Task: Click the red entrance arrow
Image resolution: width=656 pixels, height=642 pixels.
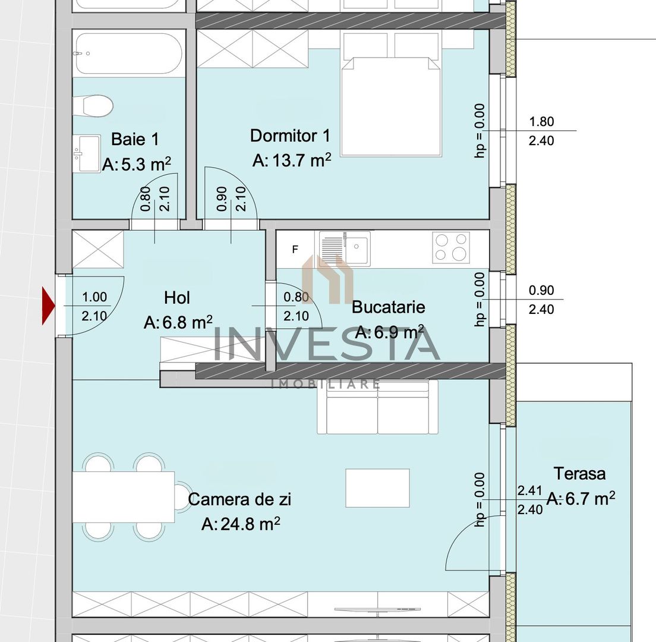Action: [x=48, y=306]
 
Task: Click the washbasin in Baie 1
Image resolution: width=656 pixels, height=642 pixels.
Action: [x=87, y=153]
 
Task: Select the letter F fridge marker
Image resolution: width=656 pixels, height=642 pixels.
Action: [x=295, y=250]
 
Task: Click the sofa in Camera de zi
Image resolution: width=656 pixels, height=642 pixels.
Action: [x=377, y=408]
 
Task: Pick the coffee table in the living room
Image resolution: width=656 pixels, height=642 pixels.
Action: [x=377, y=487]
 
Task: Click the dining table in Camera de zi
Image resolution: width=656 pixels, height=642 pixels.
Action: [x=124, y=497]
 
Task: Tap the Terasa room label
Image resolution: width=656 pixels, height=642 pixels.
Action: [x=579, y=474]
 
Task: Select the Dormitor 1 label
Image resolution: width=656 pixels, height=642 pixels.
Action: [x=290, y=136]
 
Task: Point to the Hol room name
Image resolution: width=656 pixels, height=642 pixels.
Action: [x=177, y=297]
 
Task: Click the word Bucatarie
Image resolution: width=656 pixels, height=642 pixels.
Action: [x=388, y=307]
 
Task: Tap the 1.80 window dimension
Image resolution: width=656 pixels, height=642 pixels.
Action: [x=541, y=122]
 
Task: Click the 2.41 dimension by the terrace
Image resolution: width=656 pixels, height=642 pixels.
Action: [x=530, y=491]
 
